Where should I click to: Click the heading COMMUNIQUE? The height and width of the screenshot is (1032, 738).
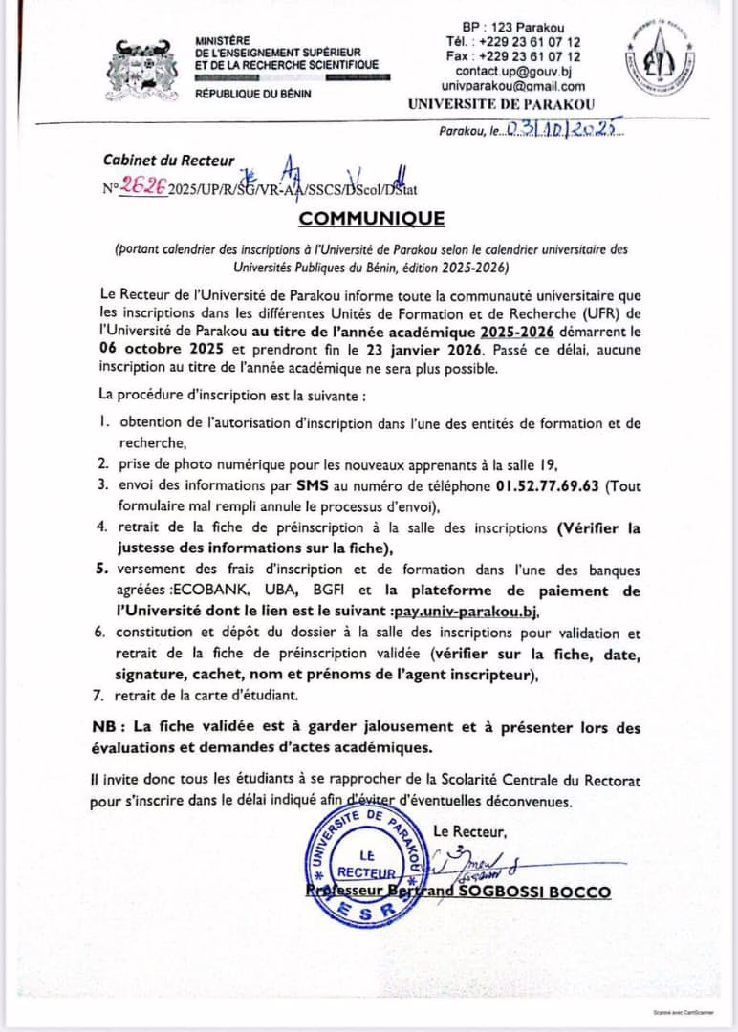coord(372,218)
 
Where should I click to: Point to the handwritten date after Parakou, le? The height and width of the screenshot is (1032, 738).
coord(563,129)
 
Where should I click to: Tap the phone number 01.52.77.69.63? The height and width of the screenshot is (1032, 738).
coord(549,484)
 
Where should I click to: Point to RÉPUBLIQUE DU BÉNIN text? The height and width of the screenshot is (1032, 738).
coord(247,94)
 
